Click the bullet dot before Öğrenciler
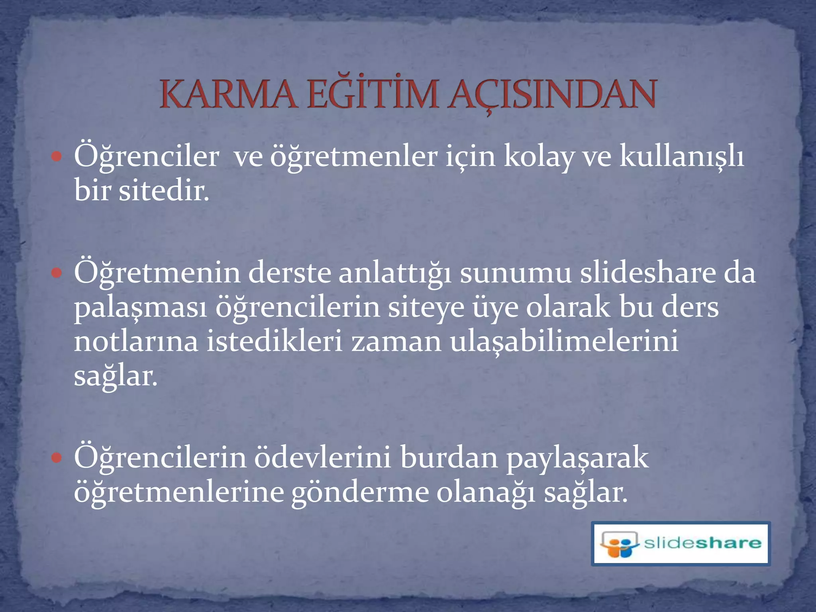pyautogui.click(x=57, y=156)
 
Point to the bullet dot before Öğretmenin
pyautogui.click(x=57, y=273)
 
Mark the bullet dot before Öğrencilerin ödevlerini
pyautogui.click(x=57, y=458)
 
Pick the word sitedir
pyautogui.click(x=164, y=191)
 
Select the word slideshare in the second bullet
pyautogui.click(x=648, y=273)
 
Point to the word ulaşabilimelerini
pyautogui.click(x=564, y=342)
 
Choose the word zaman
pyautogui.click(x=396, y=342)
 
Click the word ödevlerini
pyautogui.click(x=323, y=458)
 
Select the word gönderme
pyautogui.click(x=360, y=493)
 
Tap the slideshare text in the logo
pyautogui.click(x=702, y=543)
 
